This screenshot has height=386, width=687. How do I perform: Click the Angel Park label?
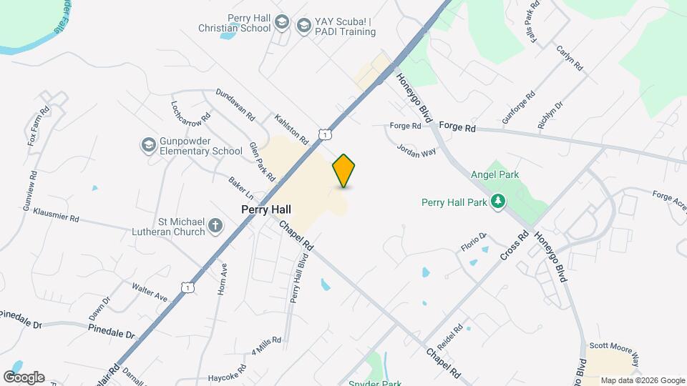(x=494, y=174)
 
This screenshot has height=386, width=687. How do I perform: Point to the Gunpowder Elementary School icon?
(x=148, y=145)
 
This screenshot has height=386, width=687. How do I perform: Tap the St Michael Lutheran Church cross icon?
(x=214, y=227)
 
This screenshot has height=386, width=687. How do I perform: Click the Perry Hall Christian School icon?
(x=281, y=23)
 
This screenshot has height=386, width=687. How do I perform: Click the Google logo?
(x=24, y=377)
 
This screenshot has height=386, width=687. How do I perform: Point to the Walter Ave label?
(x=150, y=291)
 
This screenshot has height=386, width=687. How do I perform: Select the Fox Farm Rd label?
(x=38, y=127)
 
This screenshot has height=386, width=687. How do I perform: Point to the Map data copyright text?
(x=643, y=380)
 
